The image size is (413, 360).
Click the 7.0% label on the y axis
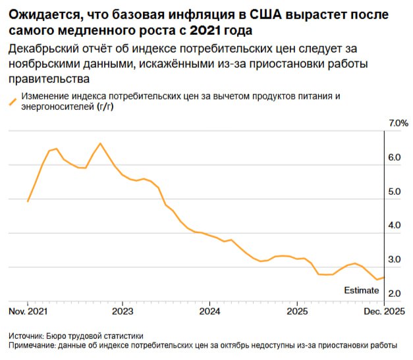(x=399, y=123)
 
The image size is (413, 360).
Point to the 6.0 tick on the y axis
(x=395, y=158)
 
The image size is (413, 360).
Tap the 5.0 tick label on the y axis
(x=395, y=192)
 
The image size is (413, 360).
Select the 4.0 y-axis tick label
(x=395, y=226)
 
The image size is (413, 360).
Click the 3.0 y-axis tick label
(x=395, y=260)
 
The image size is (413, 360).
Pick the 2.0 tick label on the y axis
(x=395, y=294)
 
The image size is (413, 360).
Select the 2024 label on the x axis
(x=209, y=311)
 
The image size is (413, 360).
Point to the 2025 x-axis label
(x=296, y=311)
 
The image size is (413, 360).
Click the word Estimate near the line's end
(x=362, y=290)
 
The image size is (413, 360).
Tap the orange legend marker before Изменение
(x=12, y=102)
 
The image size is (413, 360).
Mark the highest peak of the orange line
(x=100, y=143)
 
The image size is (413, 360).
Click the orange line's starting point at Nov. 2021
(x=28, y=201)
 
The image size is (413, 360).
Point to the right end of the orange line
(x=384, y=277)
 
